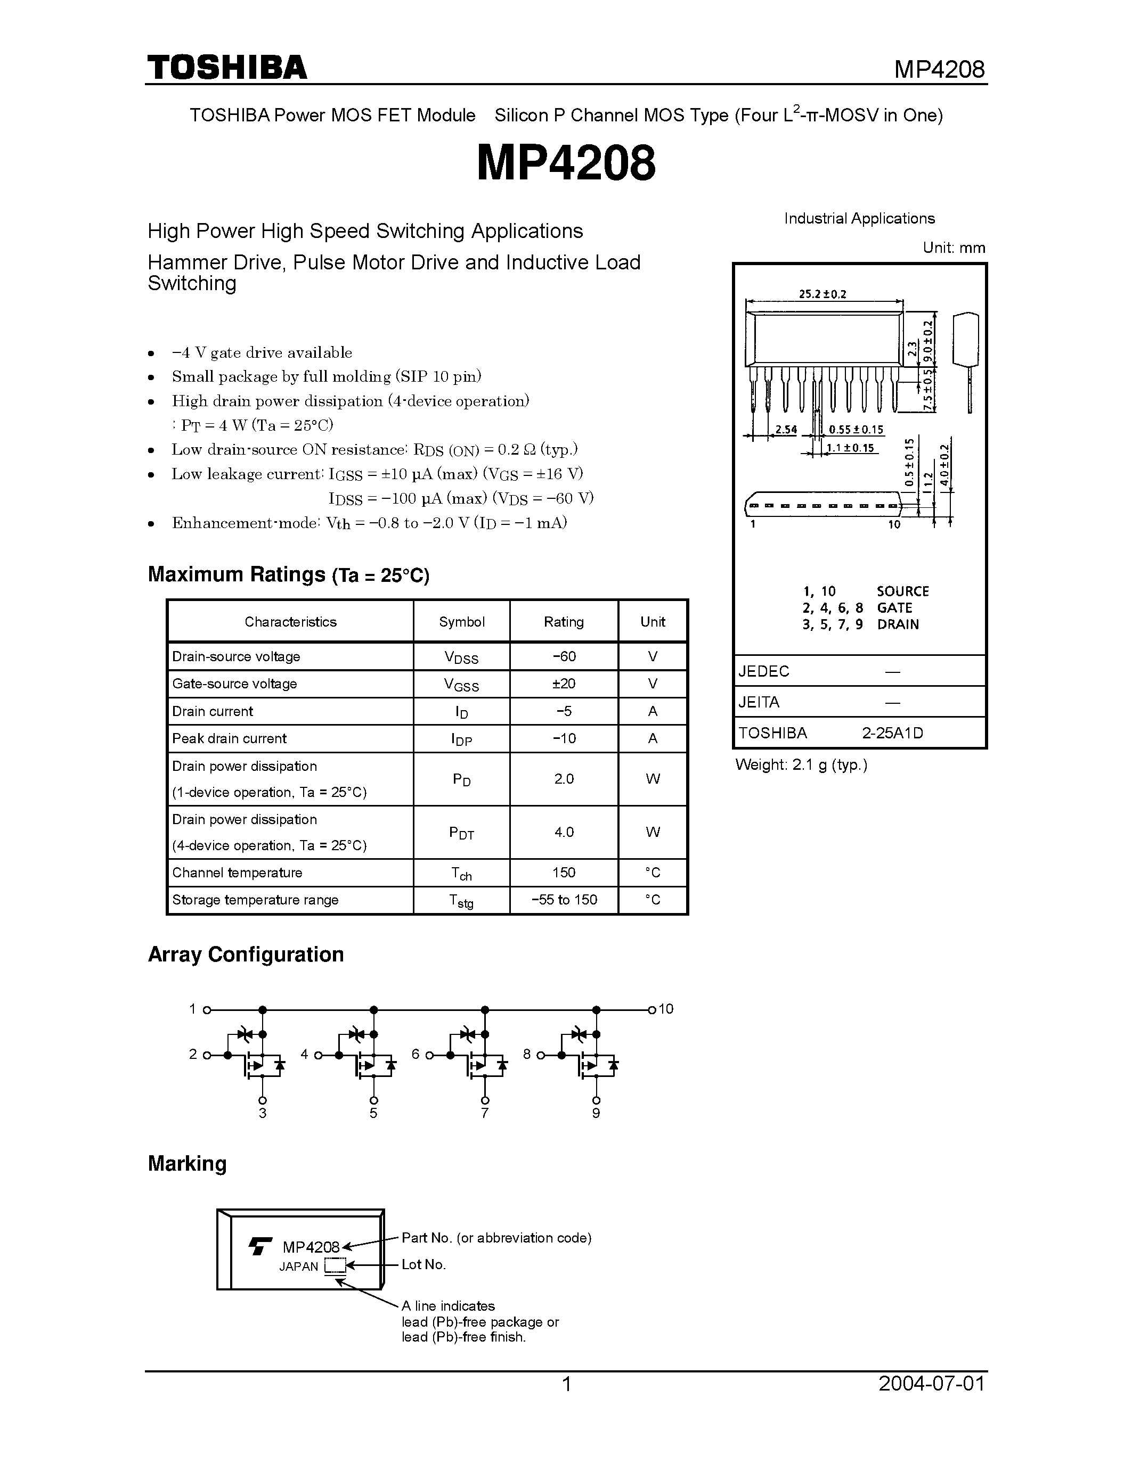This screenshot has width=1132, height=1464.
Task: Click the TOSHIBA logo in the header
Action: point(227,68)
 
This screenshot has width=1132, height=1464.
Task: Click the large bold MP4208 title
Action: point(566,163)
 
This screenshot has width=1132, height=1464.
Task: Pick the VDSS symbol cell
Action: point(461,657)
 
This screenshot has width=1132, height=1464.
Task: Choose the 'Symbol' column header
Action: point(461,621)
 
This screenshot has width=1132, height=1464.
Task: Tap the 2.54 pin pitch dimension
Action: point(785,429)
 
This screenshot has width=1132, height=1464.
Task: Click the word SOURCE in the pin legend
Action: point(902,591)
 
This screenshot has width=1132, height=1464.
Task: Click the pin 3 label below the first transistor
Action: point(262,1113)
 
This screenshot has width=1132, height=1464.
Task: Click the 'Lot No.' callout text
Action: point(423,1264)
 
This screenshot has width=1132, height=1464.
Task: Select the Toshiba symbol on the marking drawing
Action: point(260,1246)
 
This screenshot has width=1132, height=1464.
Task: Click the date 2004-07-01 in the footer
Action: point(932,1384)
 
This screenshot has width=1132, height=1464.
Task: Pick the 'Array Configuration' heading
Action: point(246,954)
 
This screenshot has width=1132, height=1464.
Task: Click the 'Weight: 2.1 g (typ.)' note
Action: point(801,765)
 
